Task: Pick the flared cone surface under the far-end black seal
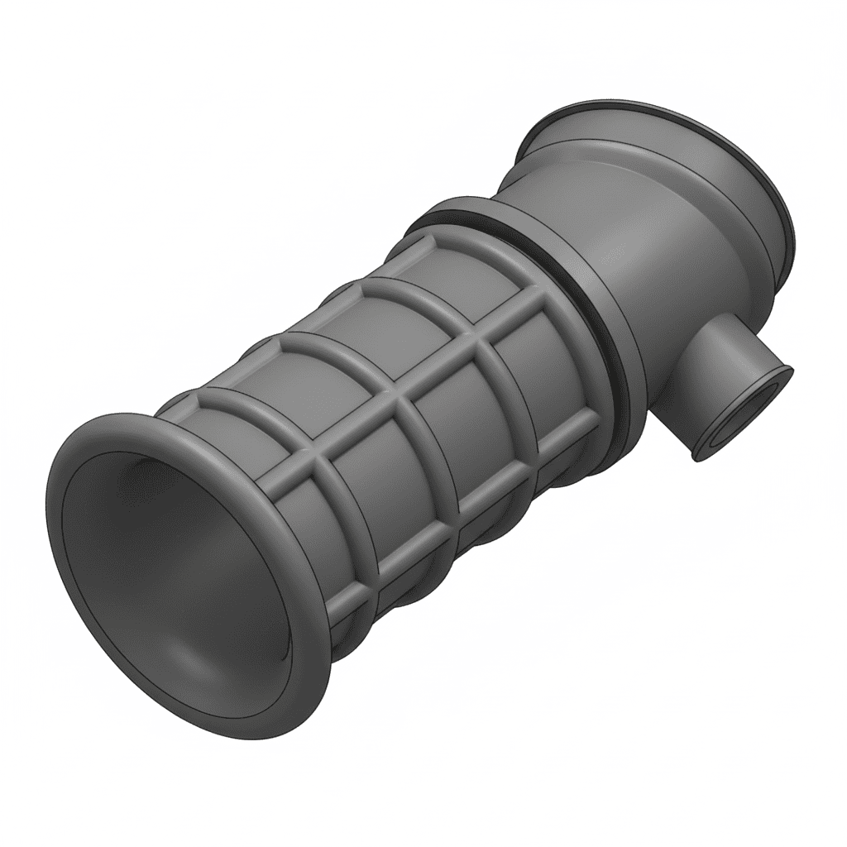point(579,132)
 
